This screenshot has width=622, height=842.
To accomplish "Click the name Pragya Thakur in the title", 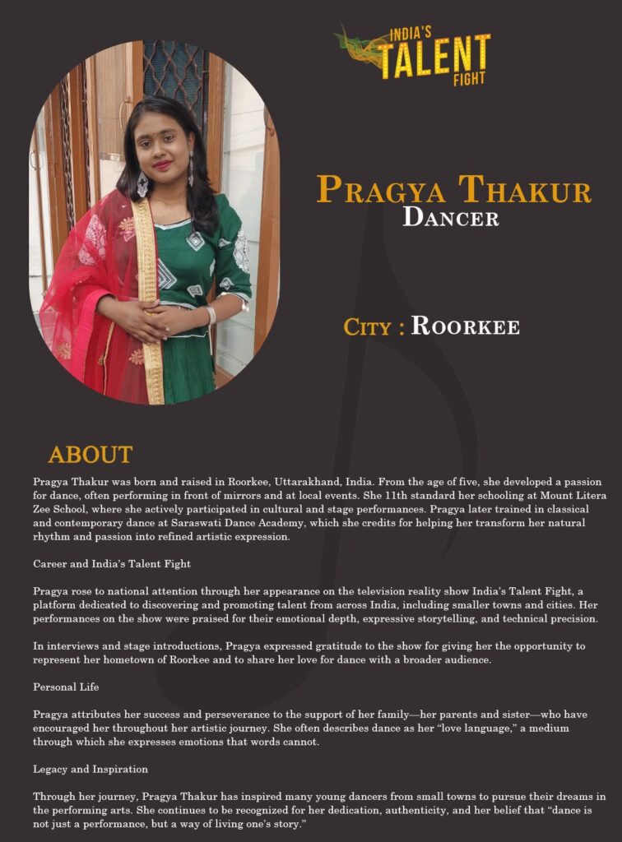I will tap(453, 190).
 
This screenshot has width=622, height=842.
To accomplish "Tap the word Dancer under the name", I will tap(450, 218).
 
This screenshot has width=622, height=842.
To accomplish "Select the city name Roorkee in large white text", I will tap(465, 326).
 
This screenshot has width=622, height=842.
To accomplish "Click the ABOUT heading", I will tap(90, 454).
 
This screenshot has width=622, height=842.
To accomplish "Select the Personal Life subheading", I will tap(67, 686).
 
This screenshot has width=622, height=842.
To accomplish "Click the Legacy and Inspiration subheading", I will tap(91, 769).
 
